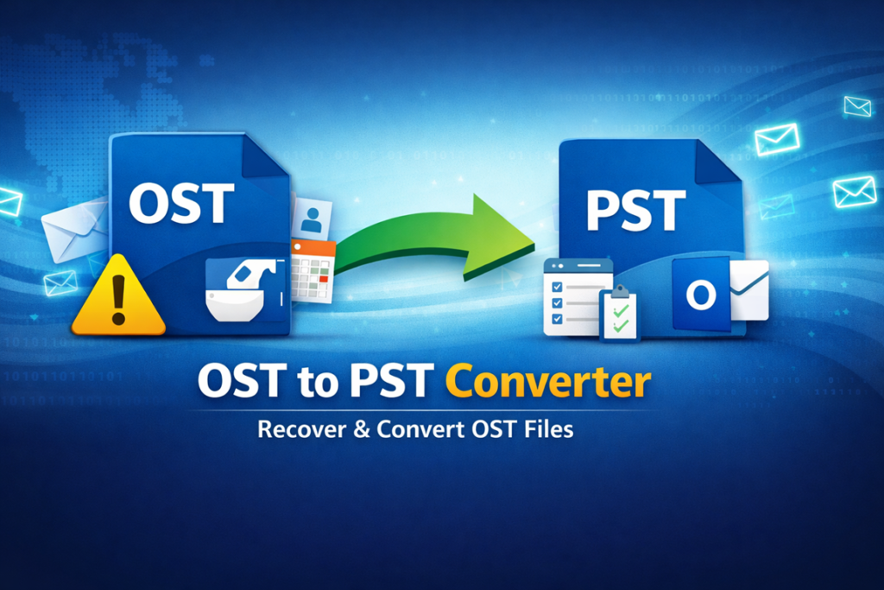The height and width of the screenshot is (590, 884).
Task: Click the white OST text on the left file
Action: coord(181,204)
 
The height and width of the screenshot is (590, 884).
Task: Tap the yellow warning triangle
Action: coord(118,299)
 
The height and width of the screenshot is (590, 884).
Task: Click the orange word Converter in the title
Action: coord(546,382)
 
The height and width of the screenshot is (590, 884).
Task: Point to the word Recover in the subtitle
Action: coord(305,428)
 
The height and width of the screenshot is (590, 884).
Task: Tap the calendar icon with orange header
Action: coord(313,269)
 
